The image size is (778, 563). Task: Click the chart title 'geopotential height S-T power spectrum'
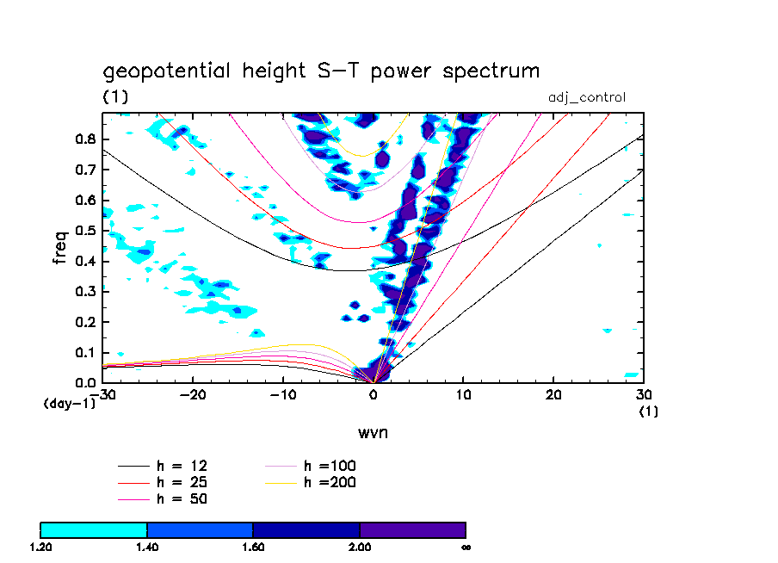(321, 71)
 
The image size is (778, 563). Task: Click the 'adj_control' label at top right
(587, 97)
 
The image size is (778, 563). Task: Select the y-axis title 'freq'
(60, 246)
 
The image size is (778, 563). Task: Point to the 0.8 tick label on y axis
(85, 139)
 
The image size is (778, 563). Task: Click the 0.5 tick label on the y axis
(85, 231)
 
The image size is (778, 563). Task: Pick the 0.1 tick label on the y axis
(85, 352)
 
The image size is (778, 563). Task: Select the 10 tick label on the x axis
(463, 394)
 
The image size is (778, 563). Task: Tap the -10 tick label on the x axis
(282, 394)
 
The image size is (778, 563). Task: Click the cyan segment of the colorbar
(94, 529)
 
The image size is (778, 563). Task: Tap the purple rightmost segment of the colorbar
(412, 529)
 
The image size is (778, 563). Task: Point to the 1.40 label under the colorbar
(146, 547)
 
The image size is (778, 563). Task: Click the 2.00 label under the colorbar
(359, 547)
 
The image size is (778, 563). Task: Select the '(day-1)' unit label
(70, 402)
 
